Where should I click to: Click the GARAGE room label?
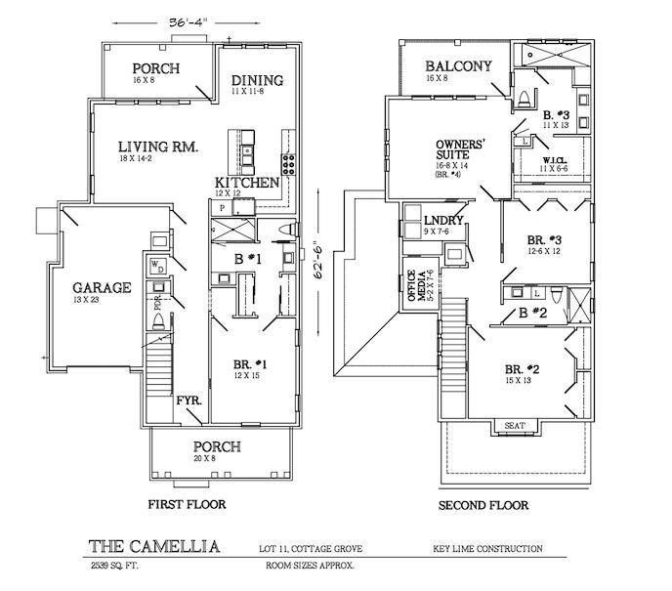(x=102, y=288)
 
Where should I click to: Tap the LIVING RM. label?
(x=158, y=147)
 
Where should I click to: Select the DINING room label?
(x=258, y=80)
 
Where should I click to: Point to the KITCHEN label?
(x=248, y=183)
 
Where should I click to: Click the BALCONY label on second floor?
(x=456, y=67)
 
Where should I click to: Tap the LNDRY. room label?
(x=443, y=218)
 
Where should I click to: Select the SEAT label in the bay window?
(x=513, y=426)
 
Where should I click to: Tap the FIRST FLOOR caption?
(x=187, y=505)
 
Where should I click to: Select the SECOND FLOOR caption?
(x=483, y=505)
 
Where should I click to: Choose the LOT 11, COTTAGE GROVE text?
(x=315, y=549)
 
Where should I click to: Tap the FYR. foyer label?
(x=188, y=401)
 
